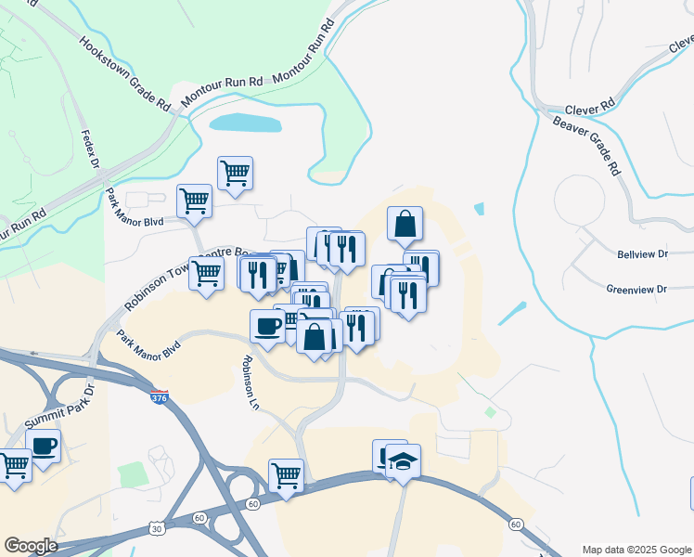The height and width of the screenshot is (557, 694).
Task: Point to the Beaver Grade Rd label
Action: (585, 145)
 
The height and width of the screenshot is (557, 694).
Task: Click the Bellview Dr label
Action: (642, 253)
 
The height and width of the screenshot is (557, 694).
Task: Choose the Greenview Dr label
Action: (636, 290)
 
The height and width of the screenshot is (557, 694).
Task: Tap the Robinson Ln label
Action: (250, 383)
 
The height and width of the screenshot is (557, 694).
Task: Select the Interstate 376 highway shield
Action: (160, 397)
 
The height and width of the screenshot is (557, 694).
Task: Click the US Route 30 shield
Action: (155, 528)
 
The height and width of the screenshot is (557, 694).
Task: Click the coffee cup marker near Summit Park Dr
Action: (43, 446)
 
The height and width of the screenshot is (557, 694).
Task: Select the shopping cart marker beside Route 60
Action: (287, 475)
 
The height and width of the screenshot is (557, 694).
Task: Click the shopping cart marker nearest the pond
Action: (235, 172)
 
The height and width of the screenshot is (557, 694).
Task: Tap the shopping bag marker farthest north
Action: (405, 224)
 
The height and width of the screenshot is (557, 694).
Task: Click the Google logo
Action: (30, 546)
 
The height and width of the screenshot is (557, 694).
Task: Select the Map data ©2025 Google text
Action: (637, 550)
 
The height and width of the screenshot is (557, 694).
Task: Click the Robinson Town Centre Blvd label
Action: (181, 275)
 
